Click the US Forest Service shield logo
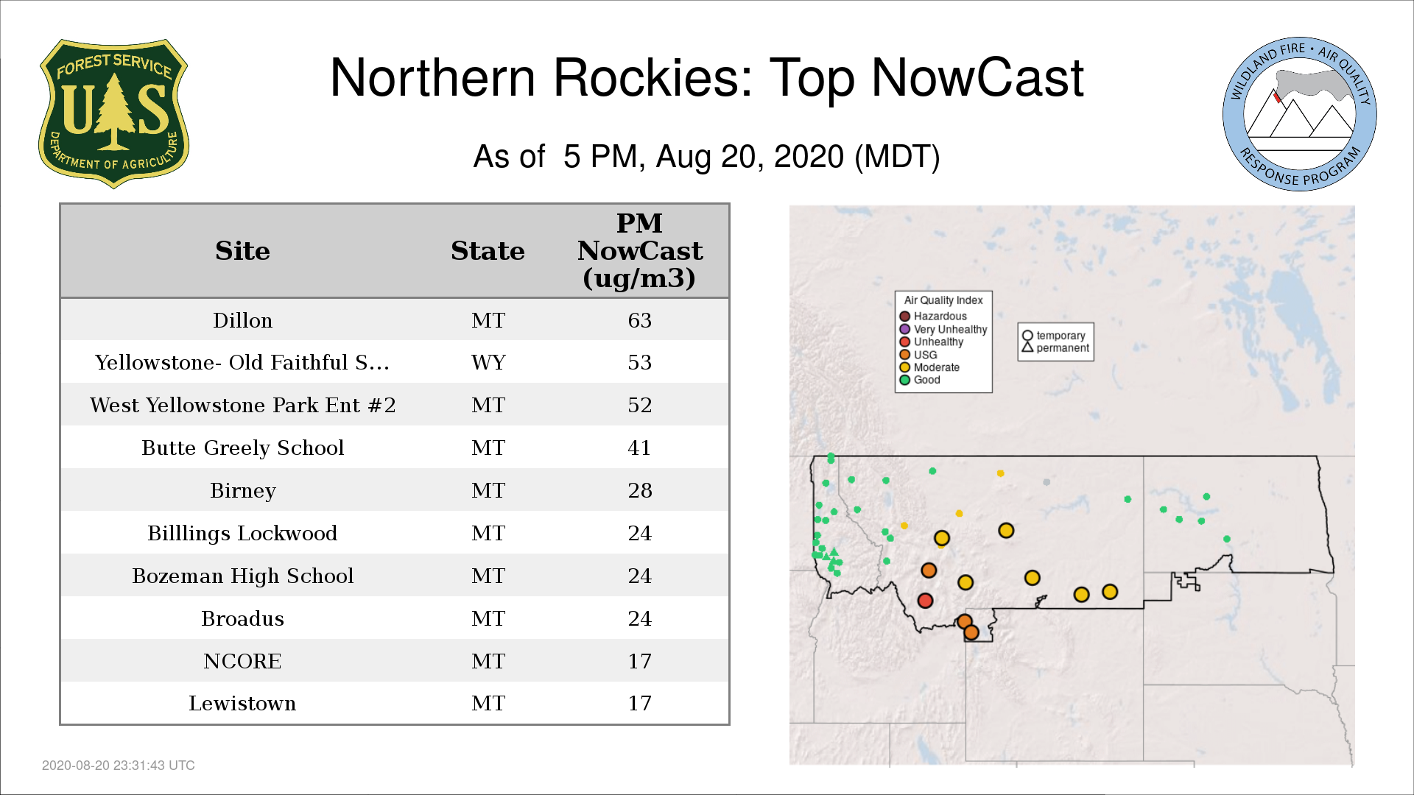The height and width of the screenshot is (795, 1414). click(x=113, y=113)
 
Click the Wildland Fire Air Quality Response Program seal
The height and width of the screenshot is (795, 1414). click(x=1300, y=114)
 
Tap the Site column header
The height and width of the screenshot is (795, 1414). click(x=242, y=251)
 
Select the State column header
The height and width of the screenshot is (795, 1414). click(x=488, y=251)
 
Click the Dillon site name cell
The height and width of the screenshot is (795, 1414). click(x=242, y=320)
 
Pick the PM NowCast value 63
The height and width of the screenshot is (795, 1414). click(x=639, y=320)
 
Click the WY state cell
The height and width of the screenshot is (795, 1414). click(x=488, y=362)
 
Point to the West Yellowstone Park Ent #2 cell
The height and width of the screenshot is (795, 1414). click(x=242, y=405)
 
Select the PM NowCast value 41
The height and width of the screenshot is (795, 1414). click(x=639, y=448)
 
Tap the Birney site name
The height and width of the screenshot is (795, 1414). click(x=242, y=490)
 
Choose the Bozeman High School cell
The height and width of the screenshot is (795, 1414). click(x=242, y=576)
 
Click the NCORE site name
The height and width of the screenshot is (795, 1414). click(x=242, y=661)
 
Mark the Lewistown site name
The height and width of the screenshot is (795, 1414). click(x=242, y=703)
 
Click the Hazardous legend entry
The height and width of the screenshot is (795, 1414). click(x=933, y=317)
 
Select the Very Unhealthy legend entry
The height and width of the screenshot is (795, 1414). click(x=943, y=329)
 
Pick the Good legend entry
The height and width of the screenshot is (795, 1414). click(x=920, y=380)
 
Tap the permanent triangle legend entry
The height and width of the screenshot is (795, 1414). click(x=1055, y=347)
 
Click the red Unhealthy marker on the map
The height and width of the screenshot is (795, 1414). click(x=926, y=601)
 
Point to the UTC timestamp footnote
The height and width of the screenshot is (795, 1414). click(x=119, y=766)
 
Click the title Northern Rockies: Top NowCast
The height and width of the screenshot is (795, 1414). click(x=707, y=77)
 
